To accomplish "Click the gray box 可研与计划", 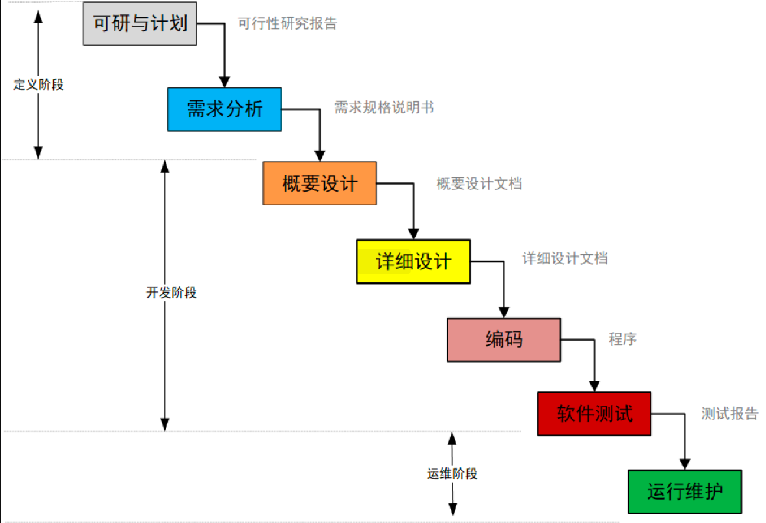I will [x=140, y=23].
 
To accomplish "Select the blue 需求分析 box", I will [x=224, y=109].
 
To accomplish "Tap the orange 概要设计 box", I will [x=320, y=183].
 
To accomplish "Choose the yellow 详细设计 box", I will [x=413, y=261].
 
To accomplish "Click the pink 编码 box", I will [x=504, y=340].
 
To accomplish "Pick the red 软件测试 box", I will [x=594, y=414].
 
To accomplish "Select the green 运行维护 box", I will [x=685, y=491].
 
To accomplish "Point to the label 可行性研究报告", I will [x=288, y=23].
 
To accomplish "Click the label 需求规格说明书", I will [x=384, y=107].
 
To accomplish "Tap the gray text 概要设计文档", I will [x=479, y=184].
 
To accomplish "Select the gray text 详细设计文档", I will [x=565, y=258].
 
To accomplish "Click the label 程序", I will [x=622, y=339].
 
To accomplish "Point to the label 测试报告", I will [x=730, y=414].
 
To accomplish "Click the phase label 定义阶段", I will [x=39, y=85].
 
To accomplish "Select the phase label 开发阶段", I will [x=171, y=292].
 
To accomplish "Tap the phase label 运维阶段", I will [x=452, y=473].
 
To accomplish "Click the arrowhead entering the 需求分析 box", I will [x=224, y=82].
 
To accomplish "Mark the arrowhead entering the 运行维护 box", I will [x=685, y=464].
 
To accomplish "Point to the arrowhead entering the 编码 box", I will [x=504, y=312].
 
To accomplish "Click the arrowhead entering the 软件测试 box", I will [x=594, y=386].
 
